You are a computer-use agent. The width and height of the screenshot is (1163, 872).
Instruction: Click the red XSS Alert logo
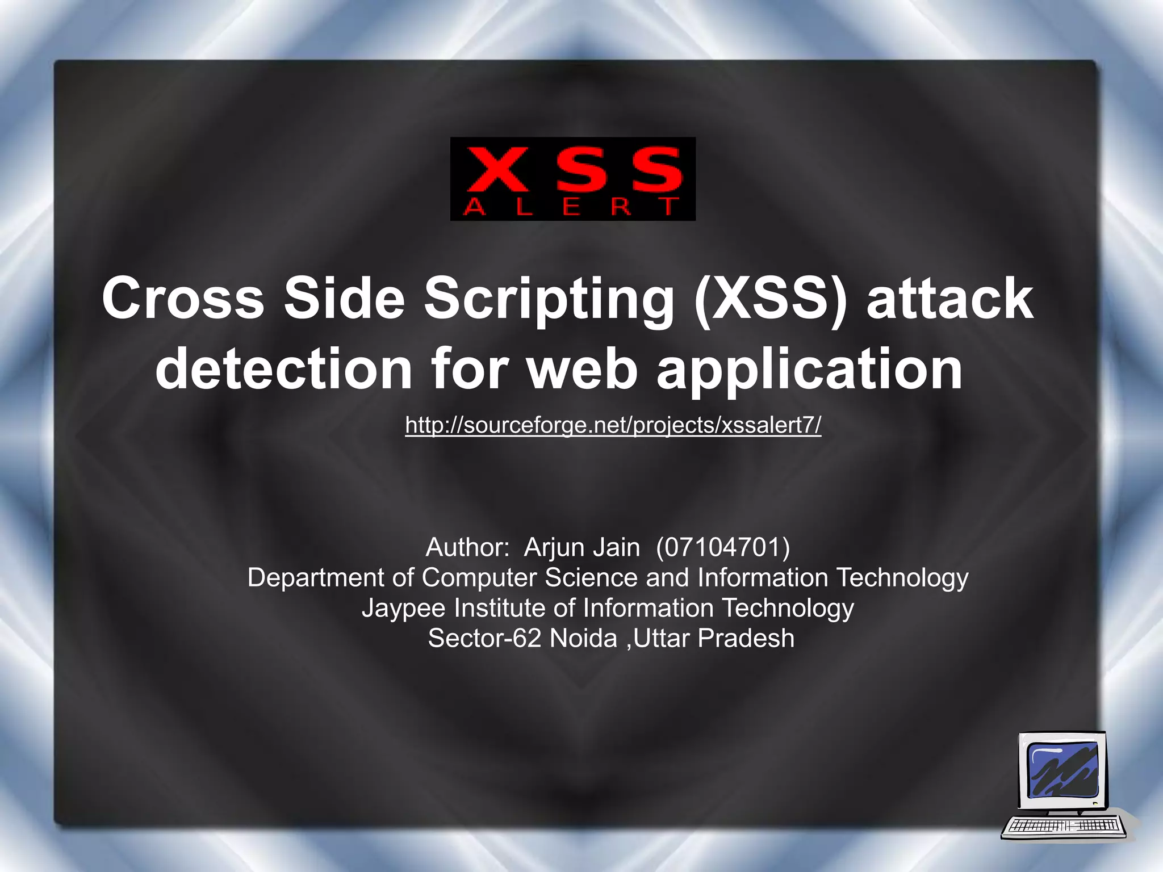click(x=572, y=178)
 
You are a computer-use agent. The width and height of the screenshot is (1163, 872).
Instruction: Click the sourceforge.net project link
click(x=613, y=425)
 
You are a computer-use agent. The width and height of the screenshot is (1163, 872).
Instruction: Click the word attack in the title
click(x=949, y=299)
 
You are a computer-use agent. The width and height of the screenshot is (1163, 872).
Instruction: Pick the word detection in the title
click(x=283, y=369)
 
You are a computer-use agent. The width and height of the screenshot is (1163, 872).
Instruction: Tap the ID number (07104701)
click(x=722, y=548)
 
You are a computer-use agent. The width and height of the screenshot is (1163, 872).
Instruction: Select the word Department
click(x=316, y=578)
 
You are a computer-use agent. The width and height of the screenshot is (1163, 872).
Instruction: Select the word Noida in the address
click(x=583, y=639)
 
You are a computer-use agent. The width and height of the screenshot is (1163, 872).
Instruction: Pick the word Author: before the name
click(x=467, y=548)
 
